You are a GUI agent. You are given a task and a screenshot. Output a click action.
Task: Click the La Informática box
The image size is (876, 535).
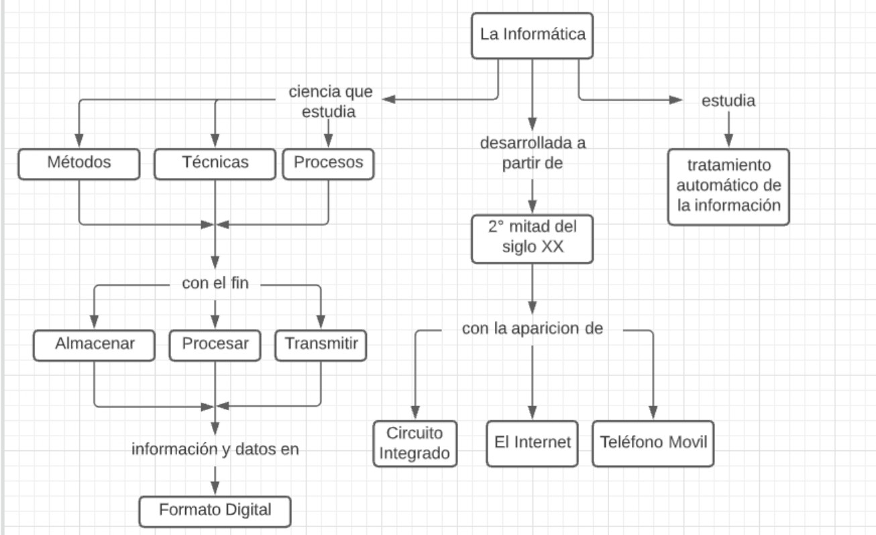[x=533, y=35]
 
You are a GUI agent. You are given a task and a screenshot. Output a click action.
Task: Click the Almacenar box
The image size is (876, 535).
[x=95, y=344]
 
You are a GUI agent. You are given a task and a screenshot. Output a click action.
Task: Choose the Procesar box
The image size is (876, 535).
[x=215, y=344]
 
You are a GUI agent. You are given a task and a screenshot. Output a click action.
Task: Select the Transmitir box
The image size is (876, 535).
[x=321, y=344]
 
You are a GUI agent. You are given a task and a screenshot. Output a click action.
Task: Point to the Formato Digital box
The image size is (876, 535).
[x=215, y=511]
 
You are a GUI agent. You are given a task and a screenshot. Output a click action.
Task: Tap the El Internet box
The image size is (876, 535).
[x=533, y=443]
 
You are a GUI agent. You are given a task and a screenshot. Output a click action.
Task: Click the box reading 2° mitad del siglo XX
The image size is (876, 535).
[x=533, y=238]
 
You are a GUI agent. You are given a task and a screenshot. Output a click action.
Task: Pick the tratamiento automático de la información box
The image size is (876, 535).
[x=728, y=187]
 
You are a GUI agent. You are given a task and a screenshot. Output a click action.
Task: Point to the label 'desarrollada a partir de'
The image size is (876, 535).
[x=533, y=154]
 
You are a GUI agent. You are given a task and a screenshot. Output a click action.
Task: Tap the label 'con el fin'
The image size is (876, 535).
[x=215, y=285]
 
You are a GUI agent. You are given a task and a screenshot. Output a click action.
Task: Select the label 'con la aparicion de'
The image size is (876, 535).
[x=533, y=330]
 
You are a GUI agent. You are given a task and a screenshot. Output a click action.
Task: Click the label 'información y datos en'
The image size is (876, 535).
[x=215, y=450]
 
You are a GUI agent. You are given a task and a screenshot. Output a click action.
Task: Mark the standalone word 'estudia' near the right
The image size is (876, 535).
[x=728, y=101]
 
